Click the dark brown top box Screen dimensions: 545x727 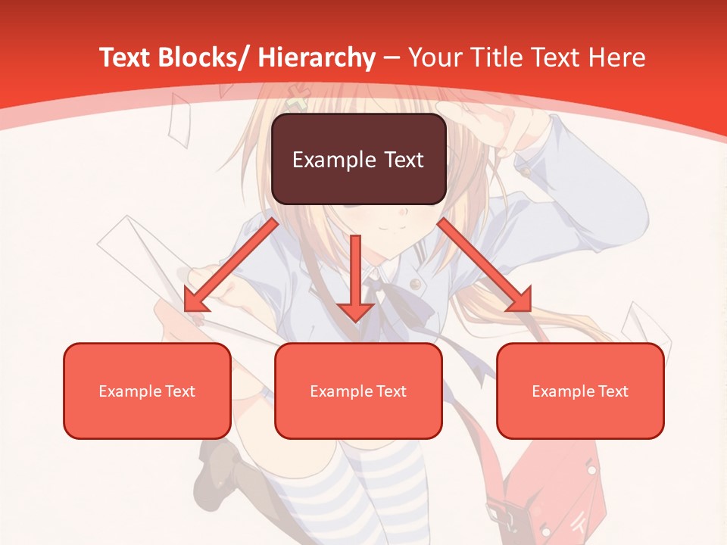click(x=358, y=159)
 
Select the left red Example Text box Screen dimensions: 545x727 click(x=147, y=391)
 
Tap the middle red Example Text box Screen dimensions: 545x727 click(x=358, y=391)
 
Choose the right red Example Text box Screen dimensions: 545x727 click(x=580, y=391)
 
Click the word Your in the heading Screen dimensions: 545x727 click(x=435, y=58)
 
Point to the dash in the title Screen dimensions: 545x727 click(x=392, y=58)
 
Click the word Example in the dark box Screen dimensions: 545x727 click(x=330, y=160)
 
